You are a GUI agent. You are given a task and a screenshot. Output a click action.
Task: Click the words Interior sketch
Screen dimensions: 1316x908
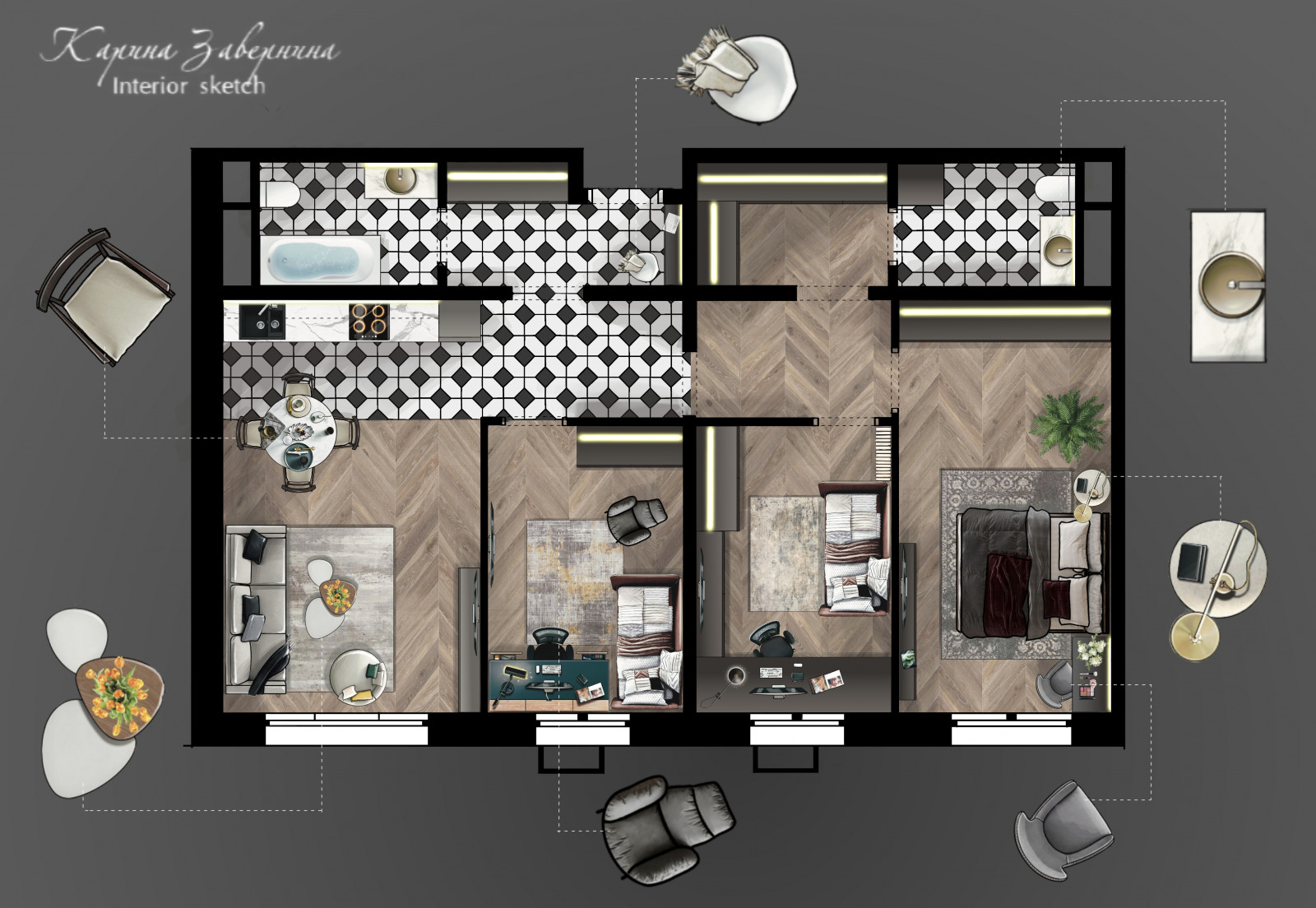188,86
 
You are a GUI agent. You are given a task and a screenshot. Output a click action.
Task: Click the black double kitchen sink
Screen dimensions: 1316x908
262,322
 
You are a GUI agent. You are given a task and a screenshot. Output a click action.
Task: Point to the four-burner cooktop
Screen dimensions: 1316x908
369,322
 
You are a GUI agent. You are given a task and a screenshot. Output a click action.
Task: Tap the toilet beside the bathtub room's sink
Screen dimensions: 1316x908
280,193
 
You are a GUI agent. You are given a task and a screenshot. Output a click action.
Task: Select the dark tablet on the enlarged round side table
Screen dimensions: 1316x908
1193,563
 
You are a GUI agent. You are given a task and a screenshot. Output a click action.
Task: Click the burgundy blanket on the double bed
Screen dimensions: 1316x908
1009,595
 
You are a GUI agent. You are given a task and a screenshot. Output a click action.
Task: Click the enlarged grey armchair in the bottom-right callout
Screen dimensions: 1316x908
1063,829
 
